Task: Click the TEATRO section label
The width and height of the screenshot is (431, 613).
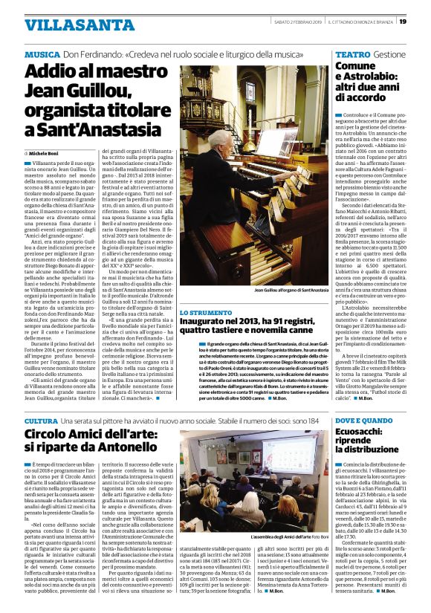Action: pos(352,55)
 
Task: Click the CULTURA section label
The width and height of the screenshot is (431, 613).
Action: pos(46,421)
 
